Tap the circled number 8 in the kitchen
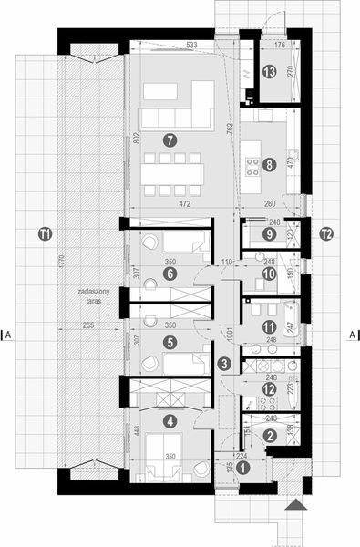pos(269,164)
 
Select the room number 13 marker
pos(269,71)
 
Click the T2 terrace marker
pos(325,235)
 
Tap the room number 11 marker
pos(269,326)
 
